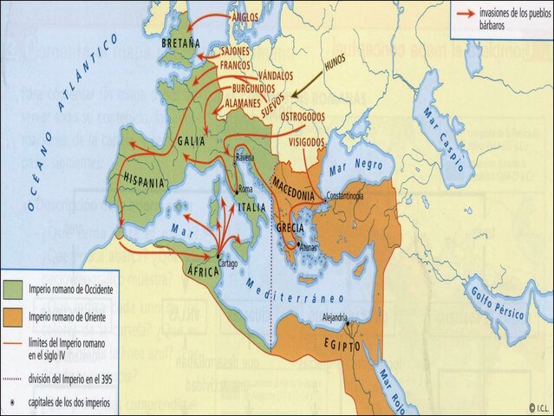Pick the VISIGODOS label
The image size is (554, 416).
point(305,142)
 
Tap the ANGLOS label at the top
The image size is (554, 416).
point(246,16)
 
